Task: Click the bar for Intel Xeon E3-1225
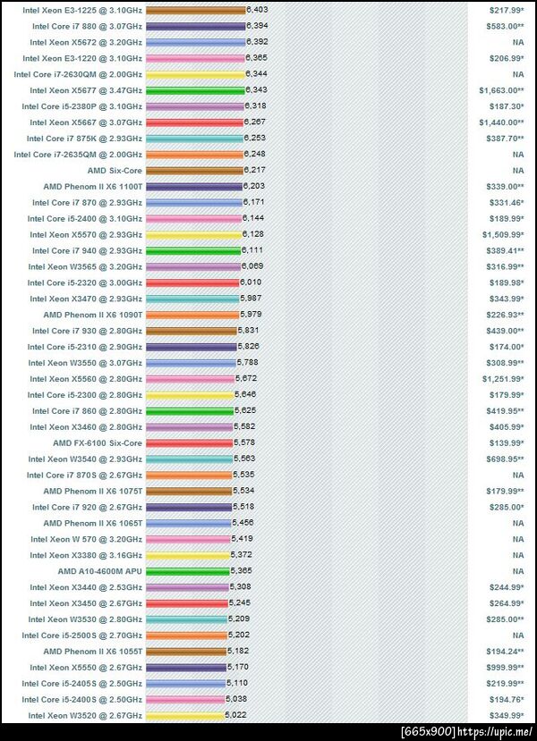click(194, 10)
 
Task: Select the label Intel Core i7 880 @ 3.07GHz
click(87, 26)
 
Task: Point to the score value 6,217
click(253, 170)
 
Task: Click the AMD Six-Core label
click(115, 170)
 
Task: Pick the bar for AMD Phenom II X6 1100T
click(193, 186)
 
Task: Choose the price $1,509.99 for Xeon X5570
click(502, 234)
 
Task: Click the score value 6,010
click(251, 282)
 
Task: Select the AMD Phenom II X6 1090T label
click(92, 315)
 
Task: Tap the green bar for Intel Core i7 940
click(192, 250)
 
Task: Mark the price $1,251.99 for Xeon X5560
click(502, 379)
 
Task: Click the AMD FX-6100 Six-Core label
click(98, 442)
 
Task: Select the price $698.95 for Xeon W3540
click(505, 459)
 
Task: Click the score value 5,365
click(242, 571)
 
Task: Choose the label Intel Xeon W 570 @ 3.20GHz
click(86, 539)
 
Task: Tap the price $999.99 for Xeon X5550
click(505, 668)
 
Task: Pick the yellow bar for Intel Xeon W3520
click(184, 715)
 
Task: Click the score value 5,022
click(235, 715)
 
